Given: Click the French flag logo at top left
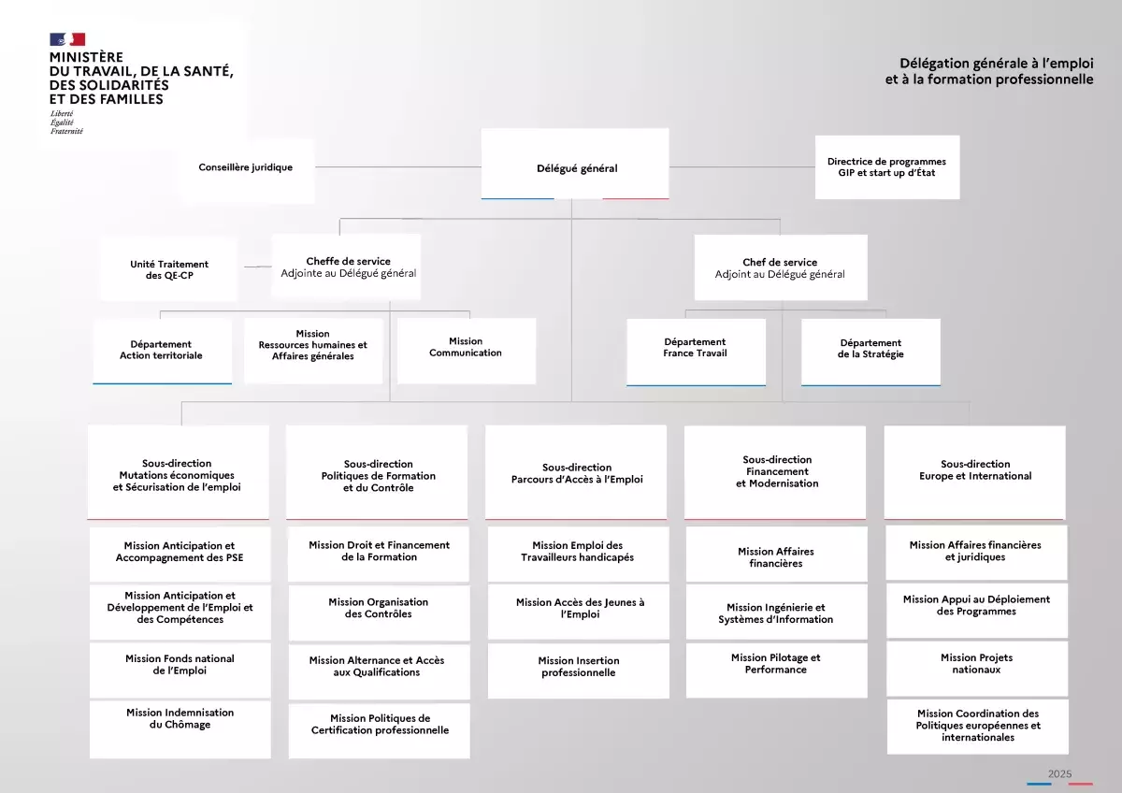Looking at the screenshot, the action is pos(67,39).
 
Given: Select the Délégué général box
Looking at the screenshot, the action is pos(575,164).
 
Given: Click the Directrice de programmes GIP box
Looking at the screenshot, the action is pos(887,167).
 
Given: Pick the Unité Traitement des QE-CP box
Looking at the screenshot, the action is pos(169,269).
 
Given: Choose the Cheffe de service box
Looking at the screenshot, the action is pos(346,267).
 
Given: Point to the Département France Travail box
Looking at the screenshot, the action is pos(696,353).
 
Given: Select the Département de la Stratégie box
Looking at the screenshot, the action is pos(870,353).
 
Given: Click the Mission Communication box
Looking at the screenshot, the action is pos(467,351).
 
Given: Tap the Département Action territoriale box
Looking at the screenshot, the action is pos(163,352).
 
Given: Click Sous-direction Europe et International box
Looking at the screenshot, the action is pos(974,472).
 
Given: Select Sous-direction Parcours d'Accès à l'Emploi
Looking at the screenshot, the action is pos(576,472).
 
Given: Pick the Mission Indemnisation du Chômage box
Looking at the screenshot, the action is pos(180,728).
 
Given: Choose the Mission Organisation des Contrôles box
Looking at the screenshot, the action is pos(380,613).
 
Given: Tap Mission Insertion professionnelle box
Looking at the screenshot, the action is pos(579,670).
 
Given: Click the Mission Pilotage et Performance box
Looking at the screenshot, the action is pos(776,670).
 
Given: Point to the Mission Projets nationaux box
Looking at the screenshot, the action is pos(977,669).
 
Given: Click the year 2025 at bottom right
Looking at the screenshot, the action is pos(1060,773).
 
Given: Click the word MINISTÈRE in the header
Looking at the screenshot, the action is pos(86,57).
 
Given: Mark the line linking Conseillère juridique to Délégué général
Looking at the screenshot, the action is pos(398,166).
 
